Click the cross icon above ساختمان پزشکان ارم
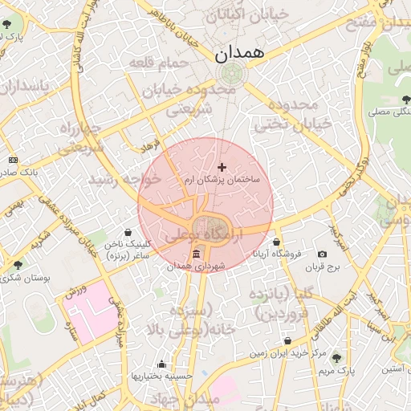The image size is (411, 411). pos(222,167)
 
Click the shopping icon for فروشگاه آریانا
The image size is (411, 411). pos(277,242)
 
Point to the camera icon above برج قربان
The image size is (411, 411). pos(323,254)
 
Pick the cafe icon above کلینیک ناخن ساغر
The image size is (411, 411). pos(135,232)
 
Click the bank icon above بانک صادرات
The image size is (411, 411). pos(12,160)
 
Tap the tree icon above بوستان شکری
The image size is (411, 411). pos(18,264)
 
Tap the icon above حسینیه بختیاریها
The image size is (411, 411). pos(162,364)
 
